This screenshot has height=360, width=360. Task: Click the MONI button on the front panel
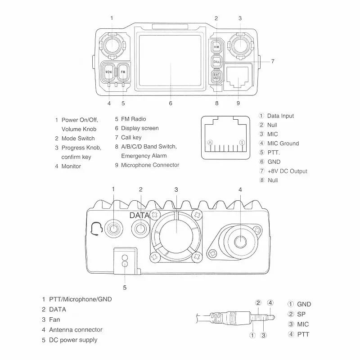pos(108,72)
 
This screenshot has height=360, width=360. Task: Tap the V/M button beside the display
pos(216,47)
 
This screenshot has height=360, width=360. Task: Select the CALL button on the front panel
pos(216,62)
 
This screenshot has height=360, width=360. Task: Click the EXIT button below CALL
pos(216,76)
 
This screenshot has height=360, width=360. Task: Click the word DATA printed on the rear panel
pos(139,216)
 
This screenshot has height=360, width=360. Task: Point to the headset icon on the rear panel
pos(95,229)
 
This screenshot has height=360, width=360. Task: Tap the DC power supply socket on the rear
pos(125,261)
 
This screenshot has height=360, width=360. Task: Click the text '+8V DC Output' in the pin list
pos(287,171)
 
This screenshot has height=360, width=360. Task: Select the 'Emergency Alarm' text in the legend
pos(144,156)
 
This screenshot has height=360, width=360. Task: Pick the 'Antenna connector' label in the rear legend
pos(76,330)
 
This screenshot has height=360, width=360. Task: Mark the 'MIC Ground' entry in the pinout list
pos(283,144)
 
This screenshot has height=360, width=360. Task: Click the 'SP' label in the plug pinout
pos(301,314)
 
